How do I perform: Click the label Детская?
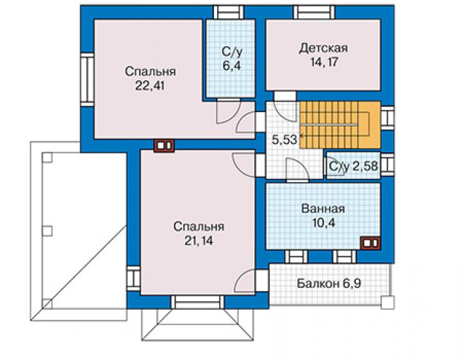point(323,48)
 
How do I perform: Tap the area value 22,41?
point(150,86)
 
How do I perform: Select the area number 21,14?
point(199,241)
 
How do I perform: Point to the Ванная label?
point(323,208)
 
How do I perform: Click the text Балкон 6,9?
point(329,284)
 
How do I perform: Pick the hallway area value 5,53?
point(284,140)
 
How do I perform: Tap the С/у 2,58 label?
point(353,167)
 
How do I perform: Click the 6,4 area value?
point(232,66)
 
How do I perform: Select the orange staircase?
point(340,125)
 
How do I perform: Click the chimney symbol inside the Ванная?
point(370,243)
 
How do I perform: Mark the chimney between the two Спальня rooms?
point(164,146)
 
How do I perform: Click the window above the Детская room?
point(314,13)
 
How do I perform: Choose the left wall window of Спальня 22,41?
point(88,80)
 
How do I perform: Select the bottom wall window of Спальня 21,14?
point(198,302)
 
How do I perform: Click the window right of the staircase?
point(387,118)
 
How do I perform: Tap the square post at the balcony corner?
point(387,302)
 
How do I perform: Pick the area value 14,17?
point(324,62)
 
